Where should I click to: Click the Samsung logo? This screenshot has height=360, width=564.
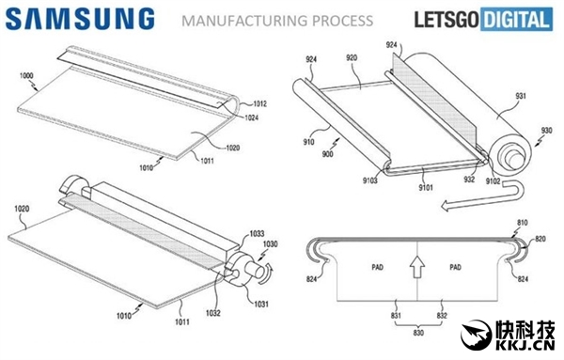pyautogui.click(x=80, y=19)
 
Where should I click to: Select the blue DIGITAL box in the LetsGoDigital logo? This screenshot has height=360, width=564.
pyautogui.click(x=516, y=19)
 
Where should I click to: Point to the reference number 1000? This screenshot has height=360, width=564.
pyautogui.click(x=26, y=75)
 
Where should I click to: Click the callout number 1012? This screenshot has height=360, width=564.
pyautogui.click(x=259, y=104)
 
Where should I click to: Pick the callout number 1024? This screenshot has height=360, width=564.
pyautogui.click(x=251, y=117)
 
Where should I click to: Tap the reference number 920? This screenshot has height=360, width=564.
pyautogui.click(x=352, y=57)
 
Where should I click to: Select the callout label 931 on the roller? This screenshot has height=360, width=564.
pyautogui.click(x=520, y=96)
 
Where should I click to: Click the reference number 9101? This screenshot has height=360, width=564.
pyautogui.click(x=426, y=187)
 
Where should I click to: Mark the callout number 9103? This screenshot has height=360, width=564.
pyautogui.click(x=369, y=180)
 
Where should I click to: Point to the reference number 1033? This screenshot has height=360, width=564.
pyautogui.click(x=257, y=234)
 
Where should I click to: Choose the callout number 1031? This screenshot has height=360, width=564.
pyautogui.click(x=261, y=305)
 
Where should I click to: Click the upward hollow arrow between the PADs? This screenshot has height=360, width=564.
pyautogui.click(x=416, y=267)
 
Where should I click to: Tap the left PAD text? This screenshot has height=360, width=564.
pyautogui.click(x=377, y=267)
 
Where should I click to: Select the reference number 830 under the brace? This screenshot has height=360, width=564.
pyautogui.click(x=418, y=333)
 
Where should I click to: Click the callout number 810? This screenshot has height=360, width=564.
pyautogui.click(x=523, y=223)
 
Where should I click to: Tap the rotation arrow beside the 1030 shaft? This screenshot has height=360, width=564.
pyautogui.click(x=267, y=274)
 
